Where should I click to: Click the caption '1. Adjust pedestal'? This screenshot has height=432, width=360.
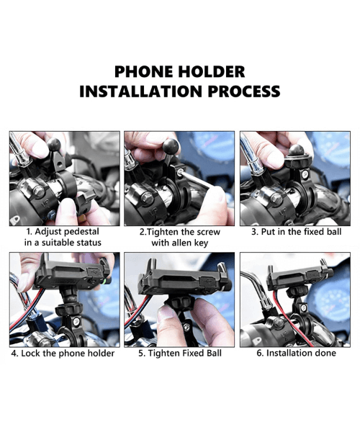tap(63, 233)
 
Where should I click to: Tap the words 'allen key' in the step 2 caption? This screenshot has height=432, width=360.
tap(192, 243)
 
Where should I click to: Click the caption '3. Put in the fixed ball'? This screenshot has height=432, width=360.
tap(296, 233)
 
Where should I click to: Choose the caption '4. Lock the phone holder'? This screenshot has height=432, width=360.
tap(63, 354)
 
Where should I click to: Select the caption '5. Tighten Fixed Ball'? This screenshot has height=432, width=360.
tap(179, 354)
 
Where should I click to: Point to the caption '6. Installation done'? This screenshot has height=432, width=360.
tap(295, 354)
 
